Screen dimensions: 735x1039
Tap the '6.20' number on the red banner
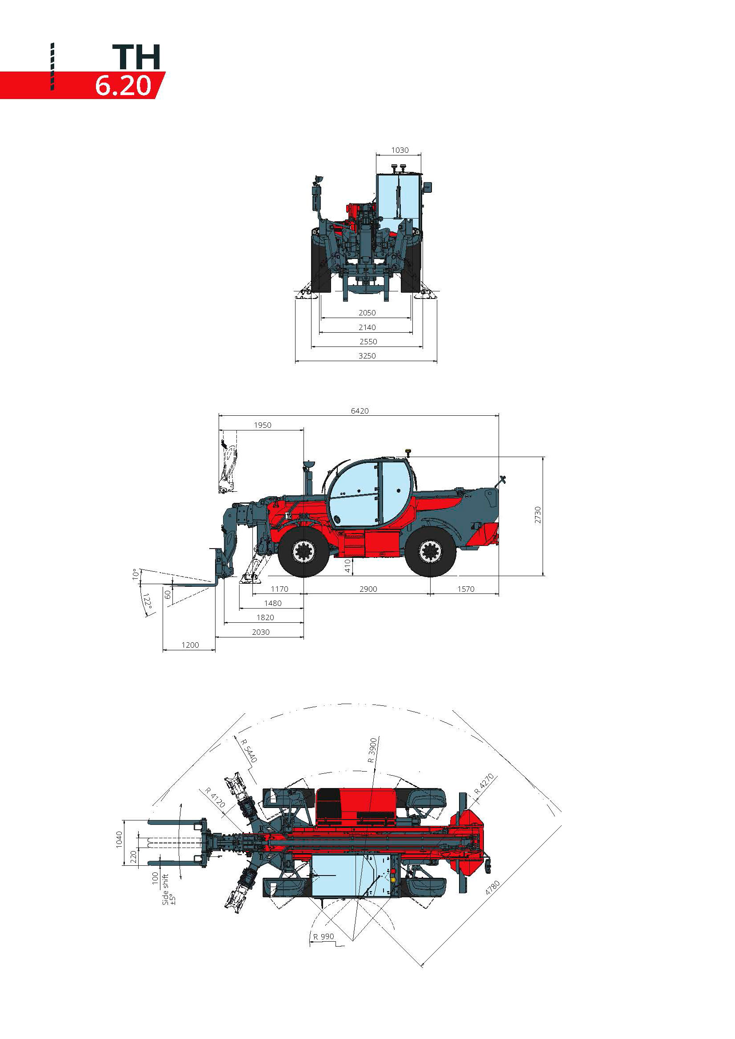[123, 86]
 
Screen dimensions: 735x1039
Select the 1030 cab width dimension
[399, 150]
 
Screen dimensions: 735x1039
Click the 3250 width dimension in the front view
[367, 356]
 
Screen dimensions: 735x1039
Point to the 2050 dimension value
[367, 313]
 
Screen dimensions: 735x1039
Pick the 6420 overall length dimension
[360, 411]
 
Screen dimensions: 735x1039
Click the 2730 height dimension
[538, 515]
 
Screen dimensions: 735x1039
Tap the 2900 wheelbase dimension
[368, 589]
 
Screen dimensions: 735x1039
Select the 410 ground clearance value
[348, 566]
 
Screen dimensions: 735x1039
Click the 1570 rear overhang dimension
[466, 589]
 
